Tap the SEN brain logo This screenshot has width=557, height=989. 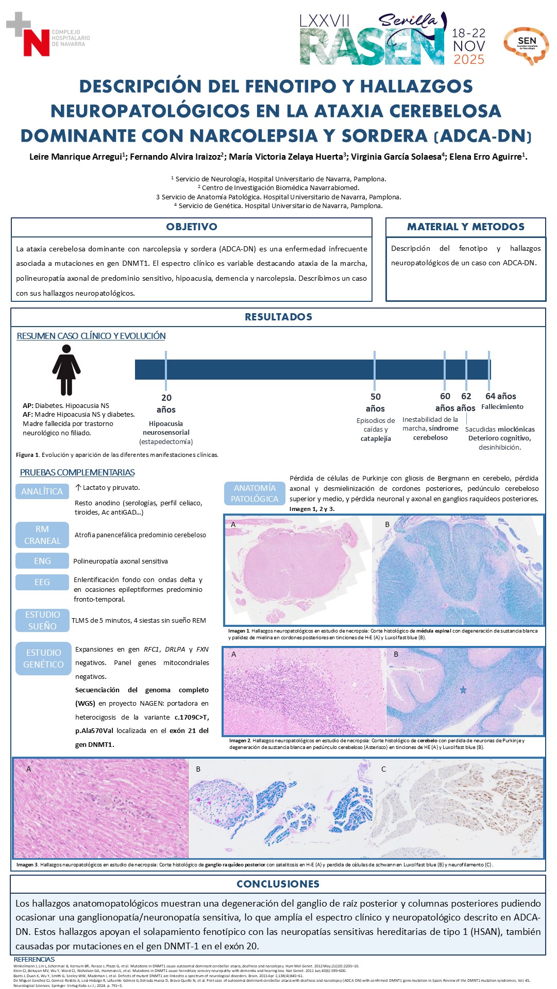click(526, 45)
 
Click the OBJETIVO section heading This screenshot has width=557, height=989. click(191, 227)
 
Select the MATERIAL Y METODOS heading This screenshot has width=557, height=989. click(465, 227)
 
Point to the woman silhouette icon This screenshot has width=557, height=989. click(66, 369)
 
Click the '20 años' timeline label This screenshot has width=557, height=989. click(166, 403)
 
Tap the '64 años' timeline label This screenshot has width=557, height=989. click(500, 396)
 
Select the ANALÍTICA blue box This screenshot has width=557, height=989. click(42, 491)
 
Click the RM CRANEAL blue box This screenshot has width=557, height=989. click(42, 535)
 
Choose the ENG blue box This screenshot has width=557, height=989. click(42, 561)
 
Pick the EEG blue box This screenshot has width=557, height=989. click(42, 582)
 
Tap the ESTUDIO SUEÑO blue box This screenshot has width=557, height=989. click(42, 620)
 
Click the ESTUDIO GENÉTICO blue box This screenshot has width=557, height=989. click(43, 658)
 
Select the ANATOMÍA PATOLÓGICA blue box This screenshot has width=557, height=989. click(255, 493)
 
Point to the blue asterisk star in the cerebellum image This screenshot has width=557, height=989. click(463, 690)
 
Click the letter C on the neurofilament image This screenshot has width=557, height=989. click(383, 769)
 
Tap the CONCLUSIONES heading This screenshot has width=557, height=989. click(278, 884)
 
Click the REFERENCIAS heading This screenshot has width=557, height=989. click(34, 959)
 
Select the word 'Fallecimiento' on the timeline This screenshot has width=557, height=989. click(502, 407)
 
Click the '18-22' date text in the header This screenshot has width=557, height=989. click(468, 33)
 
